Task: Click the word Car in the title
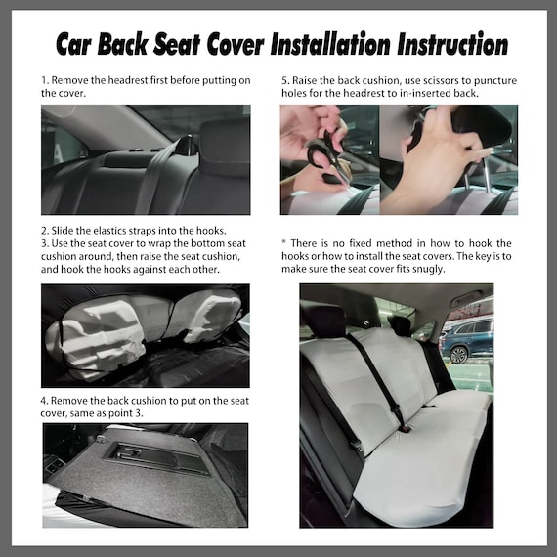point(75,45)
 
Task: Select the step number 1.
point(44,78)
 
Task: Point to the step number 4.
point(44,401)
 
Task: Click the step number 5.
point(284,78)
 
